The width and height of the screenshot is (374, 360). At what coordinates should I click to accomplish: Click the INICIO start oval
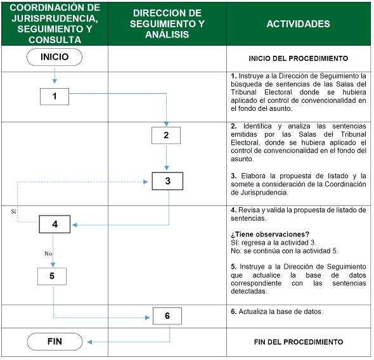(55, 57)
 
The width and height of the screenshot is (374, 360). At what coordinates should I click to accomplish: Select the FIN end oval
(55, 342)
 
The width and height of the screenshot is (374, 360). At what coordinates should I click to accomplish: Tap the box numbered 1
(55, 96)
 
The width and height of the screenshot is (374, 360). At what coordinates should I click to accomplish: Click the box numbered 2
(166, 135)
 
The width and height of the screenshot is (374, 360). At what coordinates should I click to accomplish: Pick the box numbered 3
(167, 181)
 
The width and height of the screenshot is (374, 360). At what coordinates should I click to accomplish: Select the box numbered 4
(55, 224)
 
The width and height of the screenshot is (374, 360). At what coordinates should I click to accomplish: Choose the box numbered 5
(52, 276)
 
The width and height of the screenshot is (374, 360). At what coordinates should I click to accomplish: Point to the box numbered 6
(167, 316)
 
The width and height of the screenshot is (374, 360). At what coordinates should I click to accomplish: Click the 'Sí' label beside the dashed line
(13, 211)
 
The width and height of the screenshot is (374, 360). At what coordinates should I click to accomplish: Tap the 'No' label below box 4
(48, 254)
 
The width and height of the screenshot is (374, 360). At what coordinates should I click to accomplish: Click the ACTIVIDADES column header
(298, 24)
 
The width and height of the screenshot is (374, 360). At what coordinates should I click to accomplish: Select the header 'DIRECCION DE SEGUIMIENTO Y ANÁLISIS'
(167, 24)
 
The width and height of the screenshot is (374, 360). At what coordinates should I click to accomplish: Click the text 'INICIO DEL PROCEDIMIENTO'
(299, 58)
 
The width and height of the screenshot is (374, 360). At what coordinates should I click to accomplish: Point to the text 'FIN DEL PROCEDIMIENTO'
(299, 342)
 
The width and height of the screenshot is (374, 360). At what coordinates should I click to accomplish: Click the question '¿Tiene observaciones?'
(270, 235)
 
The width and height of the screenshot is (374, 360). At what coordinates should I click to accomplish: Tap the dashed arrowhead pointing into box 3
(146, 182)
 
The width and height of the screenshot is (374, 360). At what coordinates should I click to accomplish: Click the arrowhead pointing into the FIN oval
(89, 342)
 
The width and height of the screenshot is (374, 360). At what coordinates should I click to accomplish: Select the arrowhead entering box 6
(148, 318)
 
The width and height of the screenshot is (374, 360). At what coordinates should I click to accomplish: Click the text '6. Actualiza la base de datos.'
(276, 312)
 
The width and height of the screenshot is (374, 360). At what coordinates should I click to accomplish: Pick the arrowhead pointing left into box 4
(75, 225)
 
